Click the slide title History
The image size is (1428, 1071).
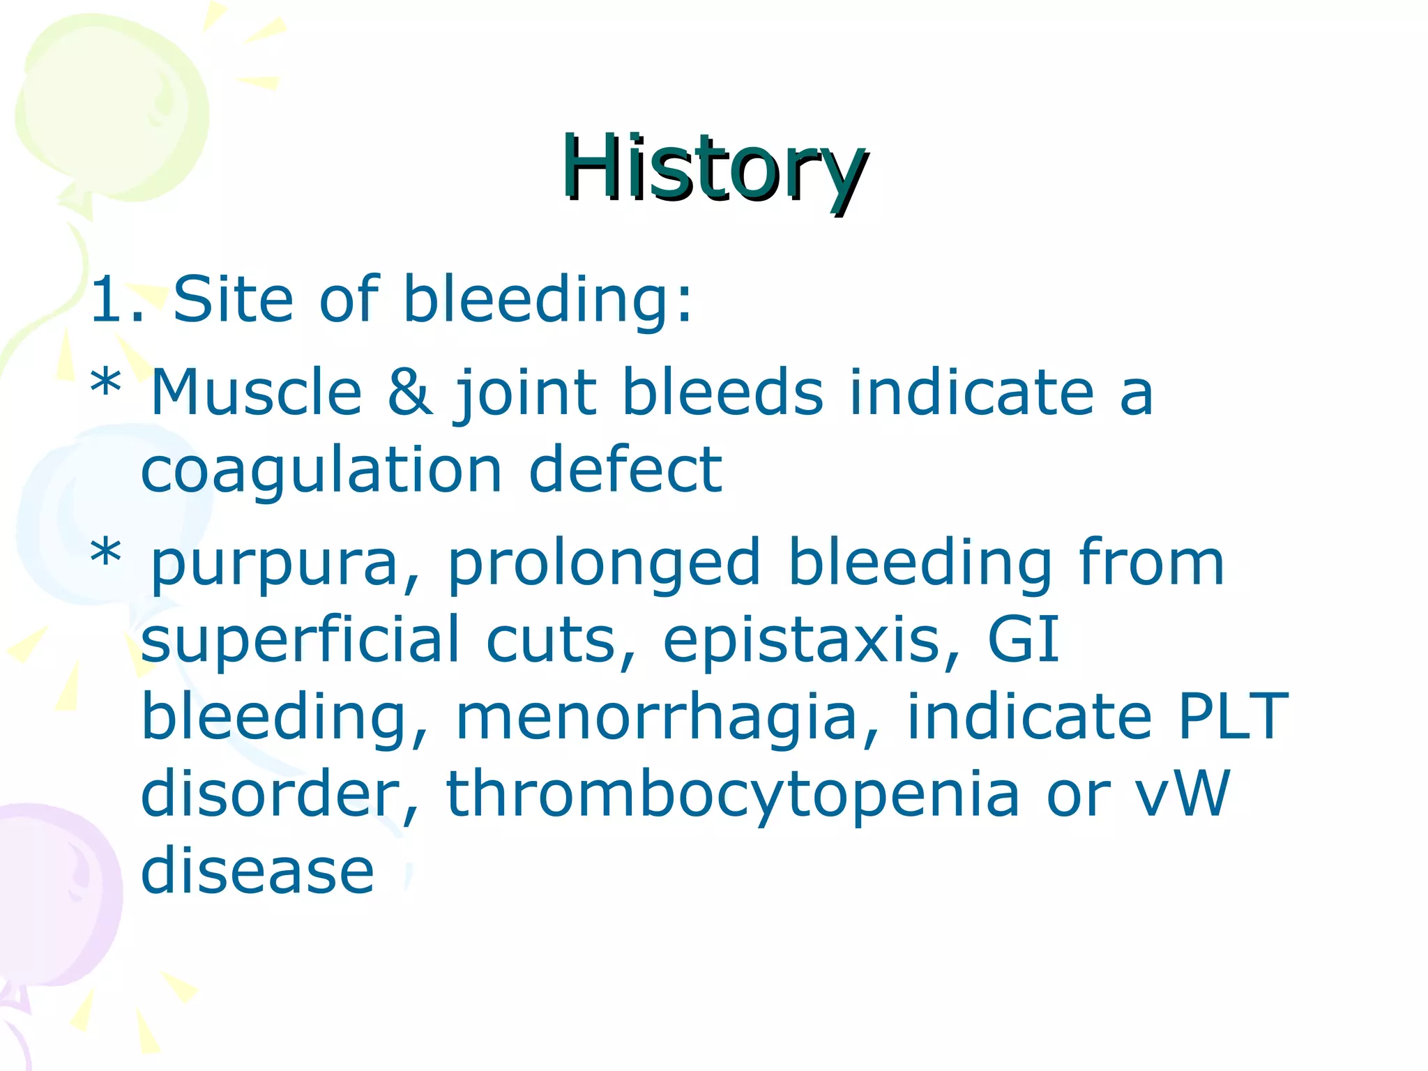pyautogui.click(x=715, y=169)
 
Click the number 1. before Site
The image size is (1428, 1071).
pyautogui.click(x=117, y=300)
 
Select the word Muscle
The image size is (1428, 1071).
pyautogui.click(x=257, y=392)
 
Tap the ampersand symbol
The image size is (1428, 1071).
pyautogui.click(x=410, y=392)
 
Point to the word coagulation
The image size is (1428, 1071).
pyautogui.click(x=321, y=471)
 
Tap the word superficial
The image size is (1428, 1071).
pyautogui.click(x=300, y=640)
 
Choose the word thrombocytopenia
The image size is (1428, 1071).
pyautogui.click(x=732, y=795)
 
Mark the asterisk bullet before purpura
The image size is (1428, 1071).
pyautogui.click(x=106, y=555)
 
